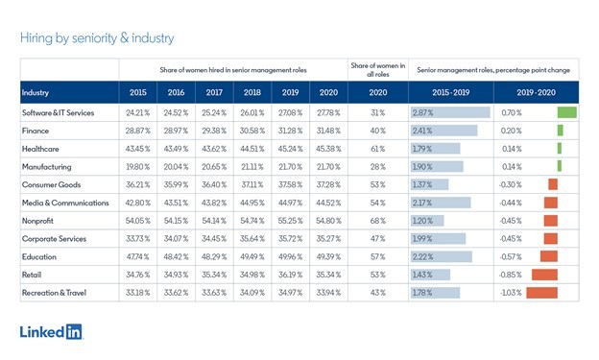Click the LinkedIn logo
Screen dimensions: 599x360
coord(51,331)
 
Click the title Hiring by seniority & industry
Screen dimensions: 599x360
coord(97,38)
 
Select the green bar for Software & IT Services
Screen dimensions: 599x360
coord(567,112)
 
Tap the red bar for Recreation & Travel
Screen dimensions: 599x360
coord(541,293)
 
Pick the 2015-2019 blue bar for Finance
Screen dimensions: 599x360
coord(443,131)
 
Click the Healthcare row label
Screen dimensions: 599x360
coord(40,149)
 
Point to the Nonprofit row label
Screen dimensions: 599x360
coord(37,221)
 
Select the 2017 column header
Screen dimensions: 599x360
coord(214,92)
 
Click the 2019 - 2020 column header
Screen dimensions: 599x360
coord(536,92)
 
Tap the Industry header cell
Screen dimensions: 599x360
coord(36,92)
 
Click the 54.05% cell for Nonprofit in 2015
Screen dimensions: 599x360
coord(138,221)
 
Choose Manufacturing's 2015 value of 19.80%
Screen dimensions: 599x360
coord(138,167)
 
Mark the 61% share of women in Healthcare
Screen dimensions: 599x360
coord(378,149)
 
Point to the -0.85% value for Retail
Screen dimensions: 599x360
coord(511,275)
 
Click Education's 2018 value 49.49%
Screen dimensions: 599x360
coord(252,257)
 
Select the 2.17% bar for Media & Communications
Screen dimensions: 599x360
coord(441,203)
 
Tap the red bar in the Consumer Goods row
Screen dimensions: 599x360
coord(553,184)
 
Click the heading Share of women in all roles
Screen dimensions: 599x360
coord(378,70)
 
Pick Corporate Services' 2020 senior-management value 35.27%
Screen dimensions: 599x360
coord(328,239)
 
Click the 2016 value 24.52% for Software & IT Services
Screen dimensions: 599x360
coord(176,112)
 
